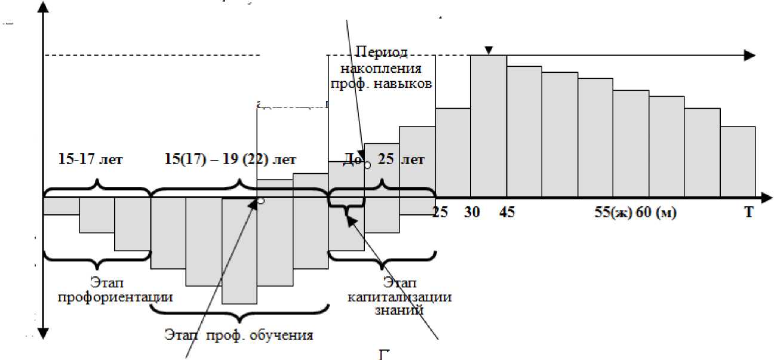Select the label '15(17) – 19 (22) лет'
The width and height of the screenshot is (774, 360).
[230, 161]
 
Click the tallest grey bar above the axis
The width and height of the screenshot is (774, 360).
[489, 125]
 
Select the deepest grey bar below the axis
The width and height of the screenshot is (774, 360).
[239, 251]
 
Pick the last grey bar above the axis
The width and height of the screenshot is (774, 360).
[738, 161]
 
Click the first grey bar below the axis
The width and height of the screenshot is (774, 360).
[61, 206]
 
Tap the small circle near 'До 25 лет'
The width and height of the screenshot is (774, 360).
[367, 165]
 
